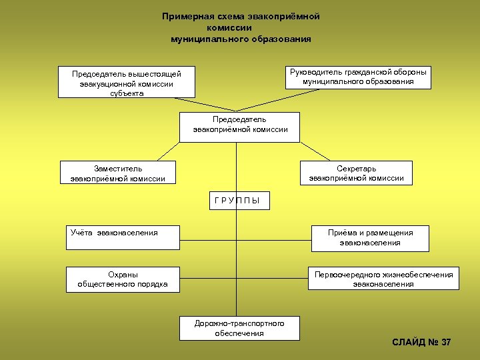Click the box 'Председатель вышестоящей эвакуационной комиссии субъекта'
pyautogui.click(x=126, y=82)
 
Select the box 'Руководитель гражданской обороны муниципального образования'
pyautogui.click(x=357, y=77)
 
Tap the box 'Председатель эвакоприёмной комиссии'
pyautogui.click(x=239, y=127)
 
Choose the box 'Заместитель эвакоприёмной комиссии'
pyautogui.click(x=117, y=173)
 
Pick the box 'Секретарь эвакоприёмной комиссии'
pyautogui.click(x=355, y=173)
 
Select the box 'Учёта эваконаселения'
pyautogui.click(x=122, y=237)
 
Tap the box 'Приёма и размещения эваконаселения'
pyautogui.click(x=369, y=238)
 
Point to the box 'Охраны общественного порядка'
pyautogui.click(x=122, y=279)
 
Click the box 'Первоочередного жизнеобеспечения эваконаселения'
pyautogui.click(x=383, y=279)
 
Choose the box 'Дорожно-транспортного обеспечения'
pyautogui.click(x=239, y=328)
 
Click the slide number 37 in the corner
pyautogui.click(x=445, y=342)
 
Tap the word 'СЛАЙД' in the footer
pyautogui.click(x=409, y=342)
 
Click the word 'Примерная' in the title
pyautogui.click(x=185, y=16)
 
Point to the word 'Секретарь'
pyautogui.click(x=356, y=169)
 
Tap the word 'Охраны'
pyautogui.click(x=123, y=274)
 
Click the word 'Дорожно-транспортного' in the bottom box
pyautogui.click(x=239, y=323)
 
